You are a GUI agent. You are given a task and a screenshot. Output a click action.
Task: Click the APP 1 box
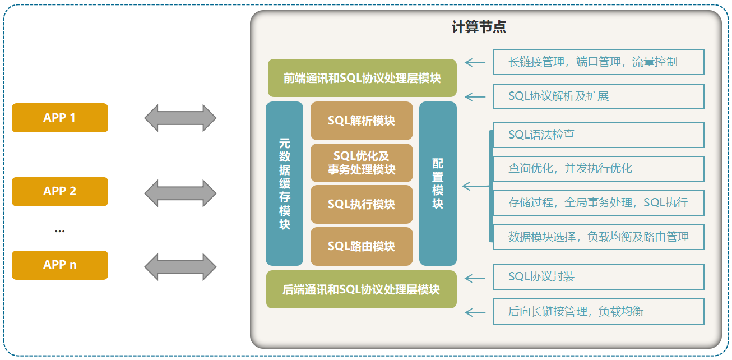point(59,118)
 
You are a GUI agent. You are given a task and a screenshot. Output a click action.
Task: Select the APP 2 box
point(59,191)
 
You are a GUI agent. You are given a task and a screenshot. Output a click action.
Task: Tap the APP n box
point(59,265)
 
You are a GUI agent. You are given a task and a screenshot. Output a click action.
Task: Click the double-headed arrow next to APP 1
point(180,118)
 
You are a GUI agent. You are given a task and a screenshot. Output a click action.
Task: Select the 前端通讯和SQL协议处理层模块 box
point(362,78)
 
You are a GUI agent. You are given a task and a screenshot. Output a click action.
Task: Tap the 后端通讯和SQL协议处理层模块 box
point(362,289)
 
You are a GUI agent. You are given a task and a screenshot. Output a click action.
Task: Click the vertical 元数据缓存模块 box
point(284,183)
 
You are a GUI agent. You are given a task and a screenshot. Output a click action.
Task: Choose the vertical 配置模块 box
point(438,183)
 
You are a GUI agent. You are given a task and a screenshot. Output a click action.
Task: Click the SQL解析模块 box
point(362,121)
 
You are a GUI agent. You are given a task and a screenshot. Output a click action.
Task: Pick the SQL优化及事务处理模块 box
point(362,163)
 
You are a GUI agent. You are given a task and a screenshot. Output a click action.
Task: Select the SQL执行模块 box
point(362,204)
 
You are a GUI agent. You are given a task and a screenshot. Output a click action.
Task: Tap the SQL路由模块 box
point(362,246)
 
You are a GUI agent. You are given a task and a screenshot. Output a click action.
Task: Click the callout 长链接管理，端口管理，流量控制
point(598,62)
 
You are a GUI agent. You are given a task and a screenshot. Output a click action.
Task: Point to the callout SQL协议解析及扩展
point(598,96)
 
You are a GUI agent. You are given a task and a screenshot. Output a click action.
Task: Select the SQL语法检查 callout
point(598,135)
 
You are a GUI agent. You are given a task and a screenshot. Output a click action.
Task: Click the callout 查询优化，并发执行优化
point(598,168)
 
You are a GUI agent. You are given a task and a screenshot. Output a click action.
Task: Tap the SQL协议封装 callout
point(598,276)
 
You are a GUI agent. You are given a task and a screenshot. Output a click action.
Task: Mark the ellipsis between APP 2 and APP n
point(59,230)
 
